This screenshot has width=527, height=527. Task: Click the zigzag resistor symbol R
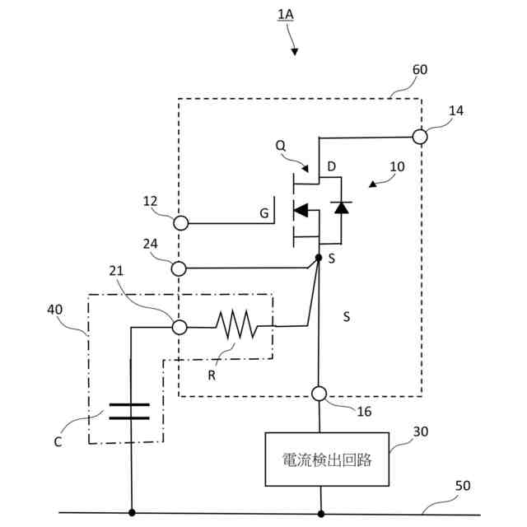(x=236, y=324)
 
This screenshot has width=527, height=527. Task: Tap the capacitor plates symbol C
(x=129, y=412)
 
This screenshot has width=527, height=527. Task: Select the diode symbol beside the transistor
(x=341, y=208)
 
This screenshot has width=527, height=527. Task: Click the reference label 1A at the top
(x=286, y=15)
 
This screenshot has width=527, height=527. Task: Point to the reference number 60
(x=420, y=69)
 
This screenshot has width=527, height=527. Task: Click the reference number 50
(x=463, y=485)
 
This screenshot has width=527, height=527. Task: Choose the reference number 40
(x=55, y=310)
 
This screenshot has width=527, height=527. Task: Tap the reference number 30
(x=421, y=431)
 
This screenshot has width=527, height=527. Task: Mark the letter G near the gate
(x=264, y=213)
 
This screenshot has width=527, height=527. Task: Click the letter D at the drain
(x=331, y=166)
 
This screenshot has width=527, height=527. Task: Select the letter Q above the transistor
(x=280, y=146)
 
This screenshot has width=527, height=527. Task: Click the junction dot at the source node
(x=319, y=258)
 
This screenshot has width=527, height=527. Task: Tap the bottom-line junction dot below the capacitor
(x=132, y=512)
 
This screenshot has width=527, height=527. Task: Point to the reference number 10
(x=397, y=166)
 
